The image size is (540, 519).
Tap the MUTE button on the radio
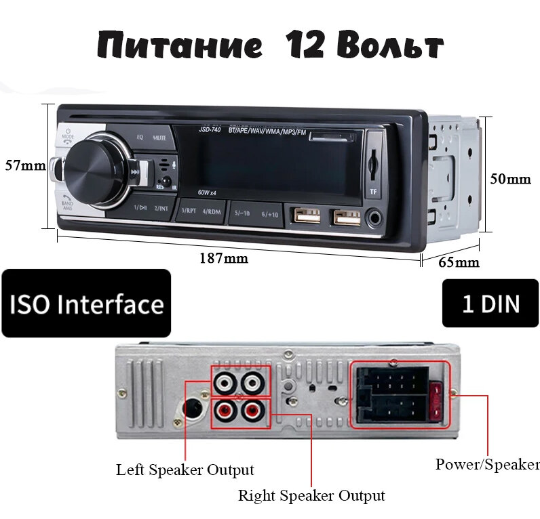[x=159, y=138]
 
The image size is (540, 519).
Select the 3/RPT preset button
[x=188, y=211]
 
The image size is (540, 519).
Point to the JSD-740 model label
[x=191, y=129]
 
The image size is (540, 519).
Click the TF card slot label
[x=373, y=192]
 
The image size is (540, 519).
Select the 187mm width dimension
[x=223, y=257]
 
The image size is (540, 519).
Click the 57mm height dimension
[x=25, y=165]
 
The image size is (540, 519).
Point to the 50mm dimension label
[x=510, y=179]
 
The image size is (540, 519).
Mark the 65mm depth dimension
[x=459, y=262]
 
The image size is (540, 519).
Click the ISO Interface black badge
[x=86, y=304]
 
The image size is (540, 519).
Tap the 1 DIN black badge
[x=490, y=304]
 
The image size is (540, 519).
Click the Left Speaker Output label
[x=185, y=470]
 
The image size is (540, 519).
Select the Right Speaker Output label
[x=311, y=495]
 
